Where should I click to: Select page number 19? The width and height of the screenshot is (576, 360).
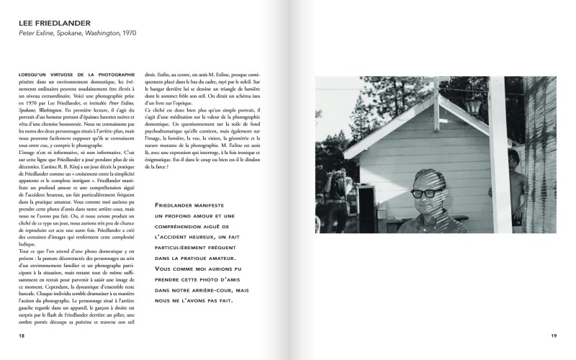[x=554, y=336]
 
